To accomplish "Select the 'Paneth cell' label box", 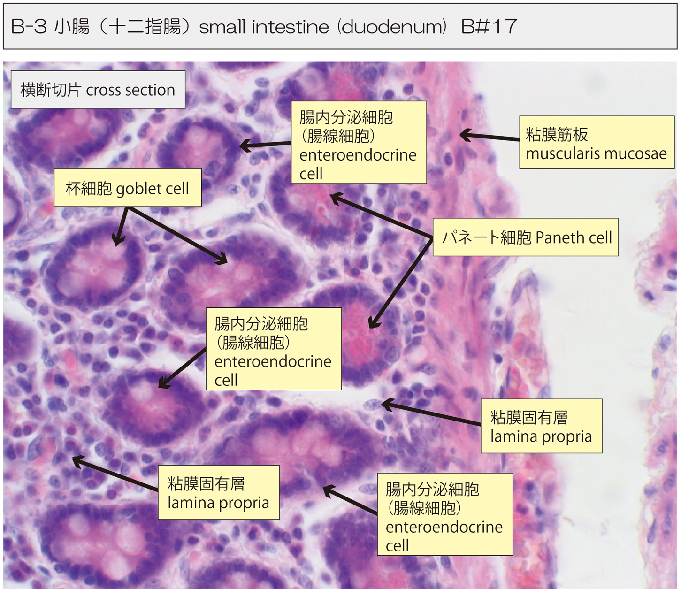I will [525, 237].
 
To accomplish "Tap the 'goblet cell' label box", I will [128, 188].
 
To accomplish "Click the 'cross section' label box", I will [98, 90].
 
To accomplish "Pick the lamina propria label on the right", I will [541, 426].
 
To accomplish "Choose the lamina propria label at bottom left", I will [218, 492].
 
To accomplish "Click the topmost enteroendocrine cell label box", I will [359, 143].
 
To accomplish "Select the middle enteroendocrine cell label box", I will [274, 349].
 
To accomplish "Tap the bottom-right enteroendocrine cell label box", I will [444, 514].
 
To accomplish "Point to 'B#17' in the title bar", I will [489, 27].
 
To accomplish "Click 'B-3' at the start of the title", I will [29, 27].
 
